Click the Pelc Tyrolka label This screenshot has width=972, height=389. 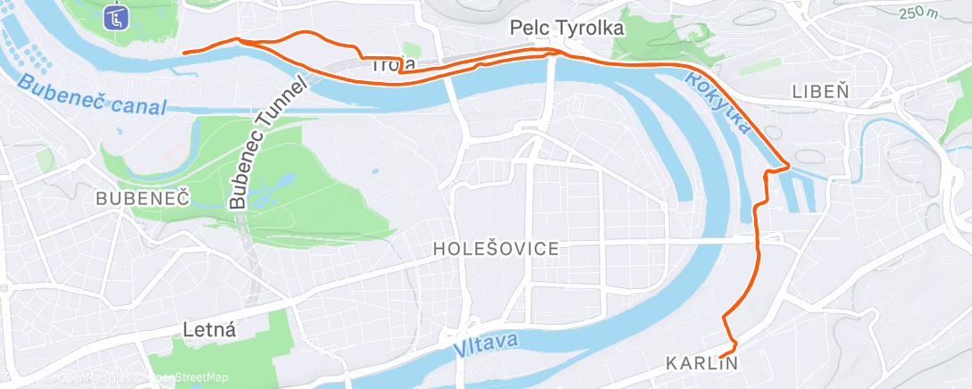click(x=566, y=29)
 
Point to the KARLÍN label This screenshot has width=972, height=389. click(x=702, y=363)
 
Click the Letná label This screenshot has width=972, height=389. click(x=208, y=329)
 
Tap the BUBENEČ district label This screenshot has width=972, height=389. click(x=144, y=198)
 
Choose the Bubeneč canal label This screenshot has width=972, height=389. click(x=91, y=96)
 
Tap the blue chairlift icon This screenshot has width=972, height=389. click(x=115, y=17)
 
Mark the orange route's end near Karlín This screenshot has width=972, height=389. click(x=720, y=351)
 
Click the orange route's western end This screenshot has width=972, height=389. click(x=184, y=53)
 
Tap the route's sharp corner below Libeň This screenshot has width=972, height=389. click(x=787, y=165)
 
